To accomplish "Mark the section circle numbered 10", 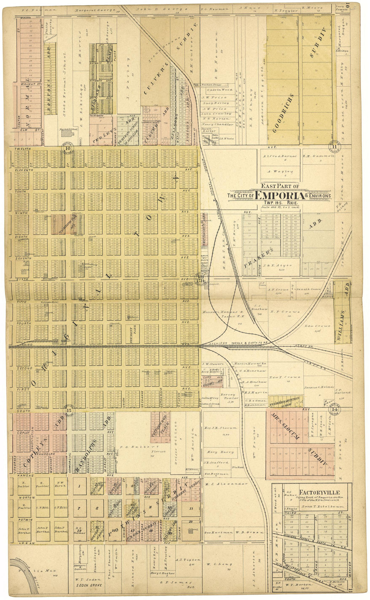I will click(68, 148).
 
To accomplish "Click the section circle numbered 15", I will click(69, 410).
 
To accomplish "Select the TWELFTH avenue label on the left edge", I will click(23, 149).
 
